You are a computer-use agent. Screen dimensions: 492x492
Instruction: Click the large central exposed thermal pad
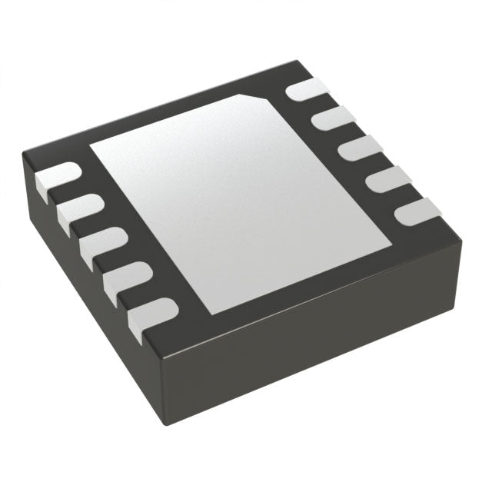(x=231, y=200)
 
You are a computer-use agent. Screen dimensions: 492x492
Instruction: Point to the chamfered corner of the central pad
(x=261, y=98)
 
